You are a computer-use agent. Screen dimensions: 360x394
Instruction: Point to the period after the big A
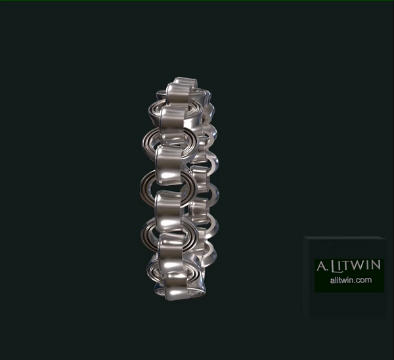[327, 270]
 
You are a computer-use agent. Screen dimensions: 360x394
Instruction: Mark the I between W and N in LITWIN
[370, 265]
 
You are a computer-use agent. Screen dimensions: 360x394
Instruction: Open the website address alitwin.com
[349, 280]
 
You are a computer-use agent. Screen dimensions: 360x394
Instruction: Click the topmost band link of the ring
[182, 91]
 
